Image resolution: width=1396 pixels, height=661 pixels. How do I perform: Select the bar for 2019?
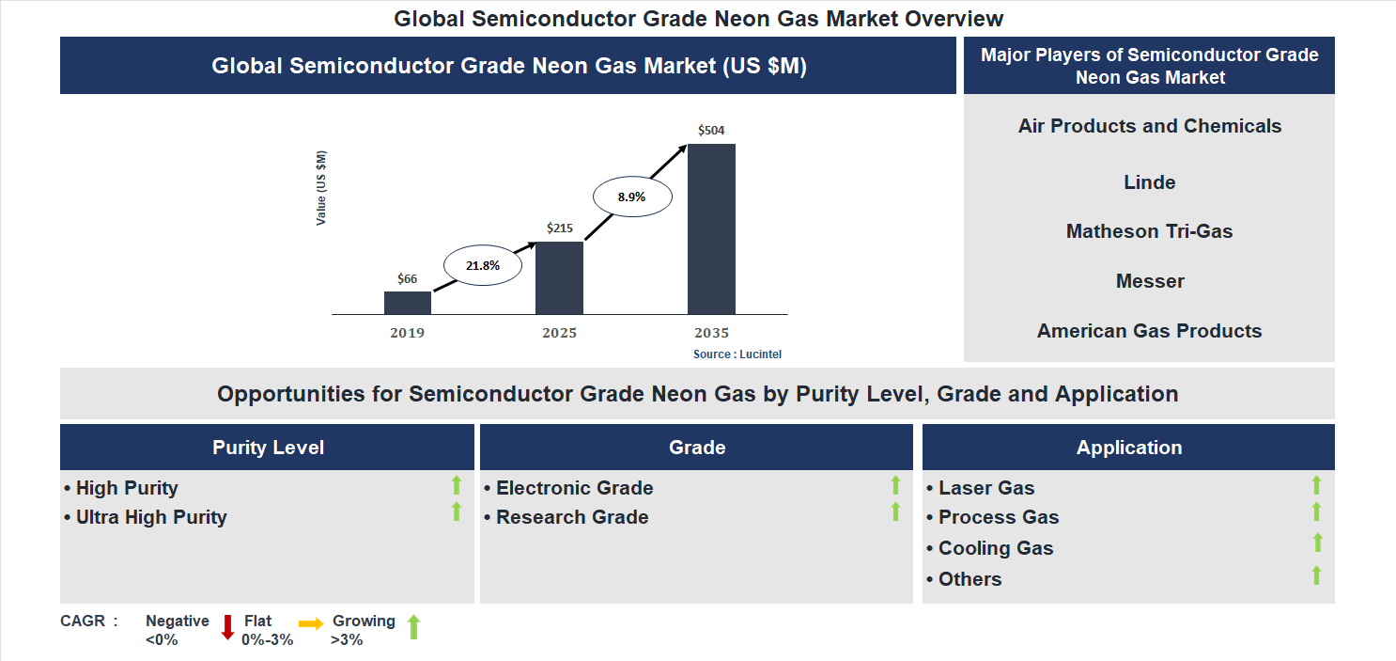pos(408,303)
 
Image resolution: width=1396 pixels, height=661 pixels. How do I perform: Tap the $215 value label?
pos(559,228)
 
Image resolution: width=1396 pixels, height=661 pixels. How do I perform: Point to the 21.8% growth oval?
pos(483,265)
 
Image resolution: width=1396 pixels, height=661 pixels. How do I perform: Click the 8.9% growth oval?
pos(631,197)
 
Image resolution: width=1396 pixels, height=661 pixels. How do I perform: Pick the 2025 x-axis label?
pos(559,333)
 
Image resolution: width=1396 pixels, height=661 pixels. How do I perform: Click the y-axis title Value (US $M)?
pos(322,187)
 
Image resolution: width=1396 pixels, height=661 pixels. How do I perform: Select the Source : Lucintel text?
pos(737,354)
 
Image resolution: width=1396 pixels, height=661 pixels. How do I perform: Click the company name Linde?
pos(1149,182)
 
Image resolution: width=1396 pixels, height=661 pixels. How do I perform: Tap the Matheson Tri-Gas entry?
pos(1149,231)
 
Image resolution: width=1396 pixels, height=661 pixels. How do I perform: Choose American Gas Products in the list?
pos(1149,331)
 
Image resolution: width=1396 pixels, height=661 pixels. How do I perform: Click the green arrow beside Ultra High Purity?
pos(457,511)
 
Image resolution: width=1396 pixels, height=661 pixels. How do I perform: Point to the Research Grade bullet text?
pos(572,517)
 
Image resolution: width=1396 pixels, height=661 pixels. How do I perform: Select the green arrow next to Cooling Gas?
pos(1317,543)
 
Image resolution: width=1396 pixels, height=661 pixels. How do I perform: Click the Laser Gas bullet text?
pos(986,488)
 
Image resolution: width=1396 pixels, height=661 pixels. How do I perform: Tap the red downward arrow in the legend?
pos(226,627)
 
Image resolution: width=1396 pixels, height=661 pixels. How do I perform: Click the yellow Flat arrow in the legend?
pos(311,623)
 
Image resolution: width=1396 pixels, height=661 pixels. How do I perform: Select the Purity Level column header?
pos(268,448)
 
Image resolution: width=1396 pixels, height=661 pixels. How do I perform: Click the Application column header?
pos(1128,448)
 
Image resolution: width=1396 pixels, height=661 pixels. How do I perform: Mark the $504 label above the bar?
pos(711,130)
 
